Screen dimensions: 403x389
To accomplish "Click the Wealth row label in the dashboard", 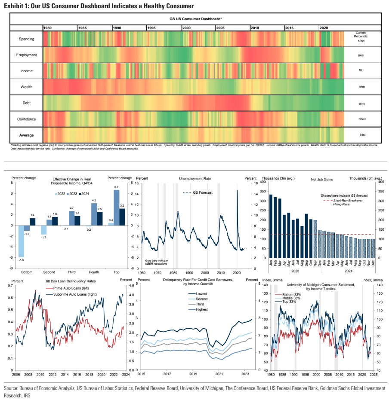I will pos(26,87).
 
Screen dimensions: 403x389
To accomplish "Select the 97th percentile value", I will pos(362,87).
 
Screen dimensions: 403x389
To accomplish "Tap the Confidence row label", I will pos(26,119).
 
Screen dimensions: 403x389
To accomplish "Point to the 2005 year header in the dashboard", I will pos(220,27).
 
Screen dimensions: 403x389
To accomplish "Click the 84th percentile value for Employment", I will pos(362,55).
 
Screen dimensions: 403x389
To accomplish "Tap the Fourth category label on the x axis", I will pos(94,272).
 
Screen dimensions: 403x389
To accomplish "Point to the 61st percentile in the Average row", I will pos(362,135).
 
